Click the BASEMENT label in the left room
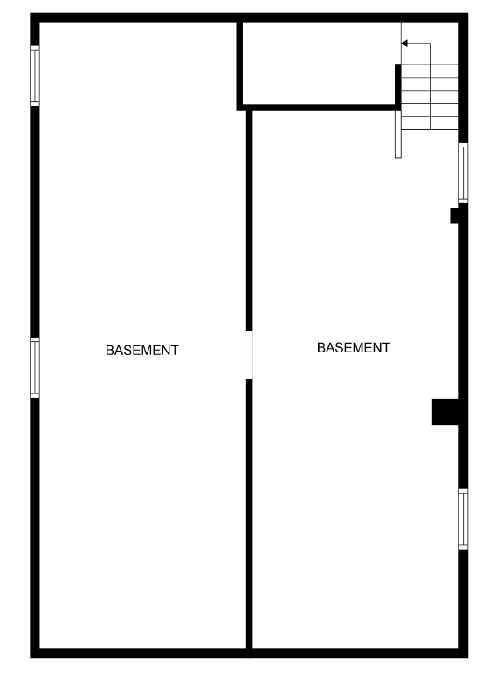141,351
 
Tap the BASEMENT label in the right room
353,348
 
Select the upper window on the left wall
35,76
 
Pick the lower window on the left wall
35,368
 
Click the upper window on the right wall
464,174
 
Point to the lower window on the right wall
464,519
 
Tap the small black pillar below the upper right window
456,215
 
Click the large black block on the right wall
445,412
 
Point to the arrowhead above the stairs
404,44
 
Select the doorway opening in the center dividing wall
250,354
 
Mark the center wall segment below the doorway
250,515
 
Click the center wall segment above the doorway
250,218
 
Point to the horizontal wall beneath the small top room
319,106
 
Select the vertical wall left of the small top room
238,63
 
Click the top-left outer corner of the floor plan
32,15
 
